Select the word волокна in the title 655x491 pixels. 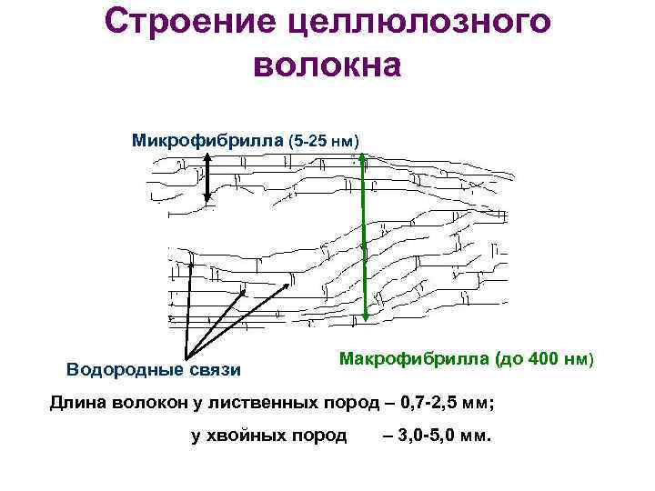pyautogui.click(x=327, y=65)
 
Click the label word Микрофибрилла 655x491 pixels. pyautogui.click(x=207, y=141)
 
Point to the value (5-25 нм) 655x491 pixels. pyautogui.click(x=325, y=142)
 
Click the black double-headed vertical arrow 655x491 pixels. pyautogui.click(x=207, y=177)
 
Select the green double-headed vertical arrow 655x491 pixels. pyautogui.click(x=364, y=236)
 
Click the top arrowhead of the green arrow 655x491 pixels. pyautogui.click(x=364, y=158)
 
